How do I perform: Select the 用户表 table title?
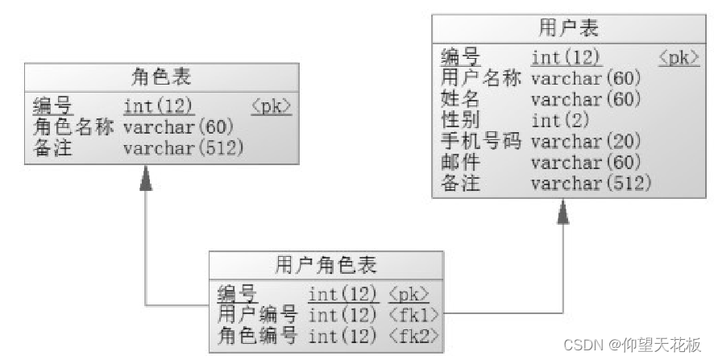tap(569, 28)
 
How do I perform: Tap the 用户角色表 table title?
tap(326, 265)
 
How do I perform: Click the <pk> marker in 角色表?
tap(271, 106)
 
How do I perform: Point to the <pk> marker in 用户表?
tap(679, 57)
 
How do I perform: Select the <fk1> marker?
tap(415, 314)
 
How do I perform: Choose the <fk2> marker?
tap(415, 334)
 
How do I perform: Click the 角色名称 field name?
tap(73, 127)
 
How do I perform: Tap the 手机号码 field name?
tap(481, 142)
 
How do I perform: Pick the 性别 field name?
tap(461, 121)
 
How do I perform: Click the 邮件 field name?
tap(461, 163)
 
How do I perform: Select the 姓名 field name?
tap(461, 100)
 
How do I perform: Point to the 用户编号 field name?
tap(257, 314)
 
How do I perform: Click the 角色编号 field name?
tap(257, 334)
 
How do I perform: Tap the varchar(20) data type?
tap(586, 142)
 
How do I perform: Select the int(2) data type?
tap(560, 121)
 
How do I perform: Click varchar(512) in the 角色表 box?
tap(183, 148)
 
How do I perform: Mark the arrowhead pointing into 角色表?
tap(145, 178)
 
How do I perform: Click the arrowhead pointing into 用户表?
tap(562, 211)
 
